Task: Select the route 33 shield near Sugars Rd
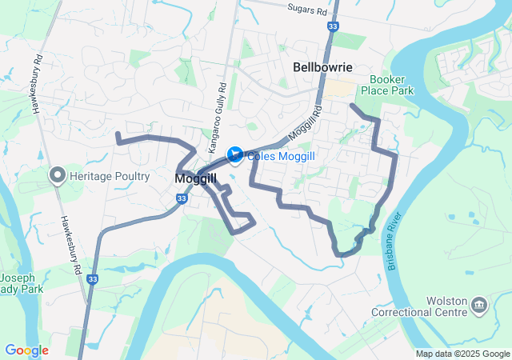pyautogui.click(x=331, y=27)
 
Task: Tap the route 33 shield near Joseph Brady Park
pyautogui.click(x=93, y=279)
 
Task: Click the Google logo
pyautogui.click(x=26, y=350)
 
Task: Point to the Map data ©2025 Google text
pyautogui.click(x=462, y=354)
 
